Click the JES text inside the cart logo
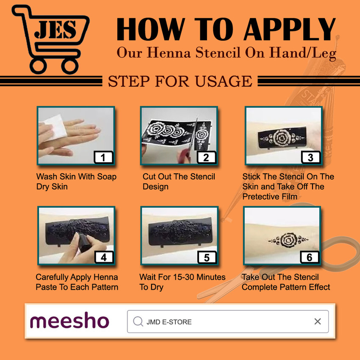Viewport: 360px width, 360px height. tap(55, 29)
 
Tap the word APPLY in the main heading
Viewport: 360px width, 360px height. tap(290, 29)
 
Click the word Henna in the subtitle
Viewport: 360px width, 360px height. tap(169, 53)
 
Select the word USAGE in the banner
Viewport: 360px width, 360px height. tap(223, 81)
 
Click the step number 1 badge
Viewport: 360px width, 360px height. tap(103, 157)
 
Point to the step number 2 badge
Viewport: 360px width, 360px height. tap(206, 157)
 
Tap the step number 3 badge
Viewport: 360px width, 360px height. tap(310, 157)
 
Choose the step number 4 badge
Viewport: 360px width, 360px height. tap(104, 257)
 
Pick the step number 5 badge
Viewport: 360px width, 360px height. tap(207, 257)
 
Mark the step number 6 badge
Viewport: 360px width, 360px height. tap(310, 257)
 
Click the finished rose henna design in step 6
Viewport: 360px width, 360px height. tap(288, 240)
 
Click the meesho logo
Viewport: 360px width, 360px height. tap(69, 320)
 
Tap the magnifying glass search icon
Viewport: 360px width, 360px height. tap(138, 321)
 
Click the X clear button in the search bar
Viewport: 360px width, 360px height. tap(318, 321)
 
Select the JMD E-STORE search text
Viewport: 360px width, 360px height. tap(169, 322)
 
